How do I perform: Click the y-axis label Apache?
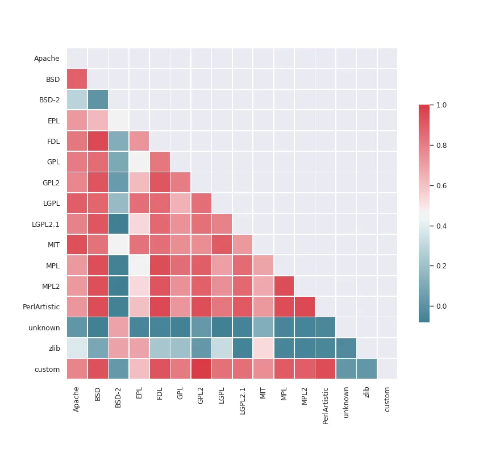[47, 59]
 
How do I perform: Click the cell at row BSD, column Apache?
[77, 79]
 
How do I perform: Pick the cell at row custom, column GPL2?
[201, 369]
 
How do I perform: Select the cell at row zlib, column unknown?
[346, 348]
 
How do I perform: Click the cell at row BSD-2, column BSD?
[98, 100]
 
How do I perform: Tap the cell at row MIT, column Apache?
[77, 244]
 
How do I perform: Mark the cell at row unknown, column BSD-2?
[118, 327]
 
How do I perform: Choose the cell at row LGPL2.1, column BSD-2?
[118, 224]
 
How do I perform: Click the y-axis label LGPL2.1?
[45, 225]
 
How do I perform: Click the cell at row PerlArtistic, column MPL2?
[305, 306]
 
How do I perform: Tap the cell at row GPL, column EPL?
[139, 162]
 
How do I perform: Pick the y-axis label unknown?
[44, 328]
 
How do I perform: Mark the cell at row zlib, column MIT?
[263, 348]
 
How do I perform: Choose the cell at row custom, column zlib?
[366, 369]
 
